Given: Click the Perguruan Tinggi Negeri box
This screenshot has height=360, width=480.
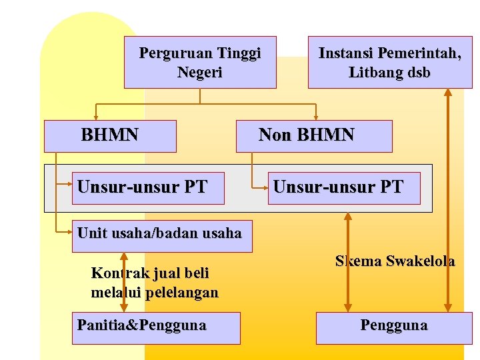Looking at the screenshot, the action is click(x=200, y=62).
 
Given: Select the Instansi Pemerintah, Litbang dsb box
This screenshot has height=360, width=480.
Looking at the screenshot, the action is click(x=389, y=62).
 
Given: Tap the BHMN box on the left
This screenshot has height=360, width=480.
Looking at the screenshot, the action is click(x=110, y=135).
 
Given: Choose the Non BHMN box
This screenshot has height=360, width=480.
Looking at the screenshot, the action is click(x=314, y=135).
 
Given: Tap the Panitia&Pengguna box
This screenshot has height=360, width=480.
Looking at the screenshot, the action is click(x=155, y=326).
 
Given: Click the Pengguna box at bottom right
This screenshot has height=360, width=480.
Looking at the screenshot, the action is click(x=393, y=326).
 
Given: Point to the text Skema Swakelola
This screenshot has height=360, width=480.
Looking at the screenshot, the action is click(x=395, y=261).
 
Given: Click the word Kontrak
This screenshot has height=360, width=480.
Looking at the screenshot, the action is click(x=115, y=273).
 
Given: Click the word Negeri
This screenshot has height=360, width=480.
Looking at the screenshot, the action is click(x=200, y=73).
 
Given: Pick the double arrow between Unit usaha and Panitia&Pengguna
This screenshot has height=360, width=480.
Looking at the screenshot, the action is click(x=124, y=282).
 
